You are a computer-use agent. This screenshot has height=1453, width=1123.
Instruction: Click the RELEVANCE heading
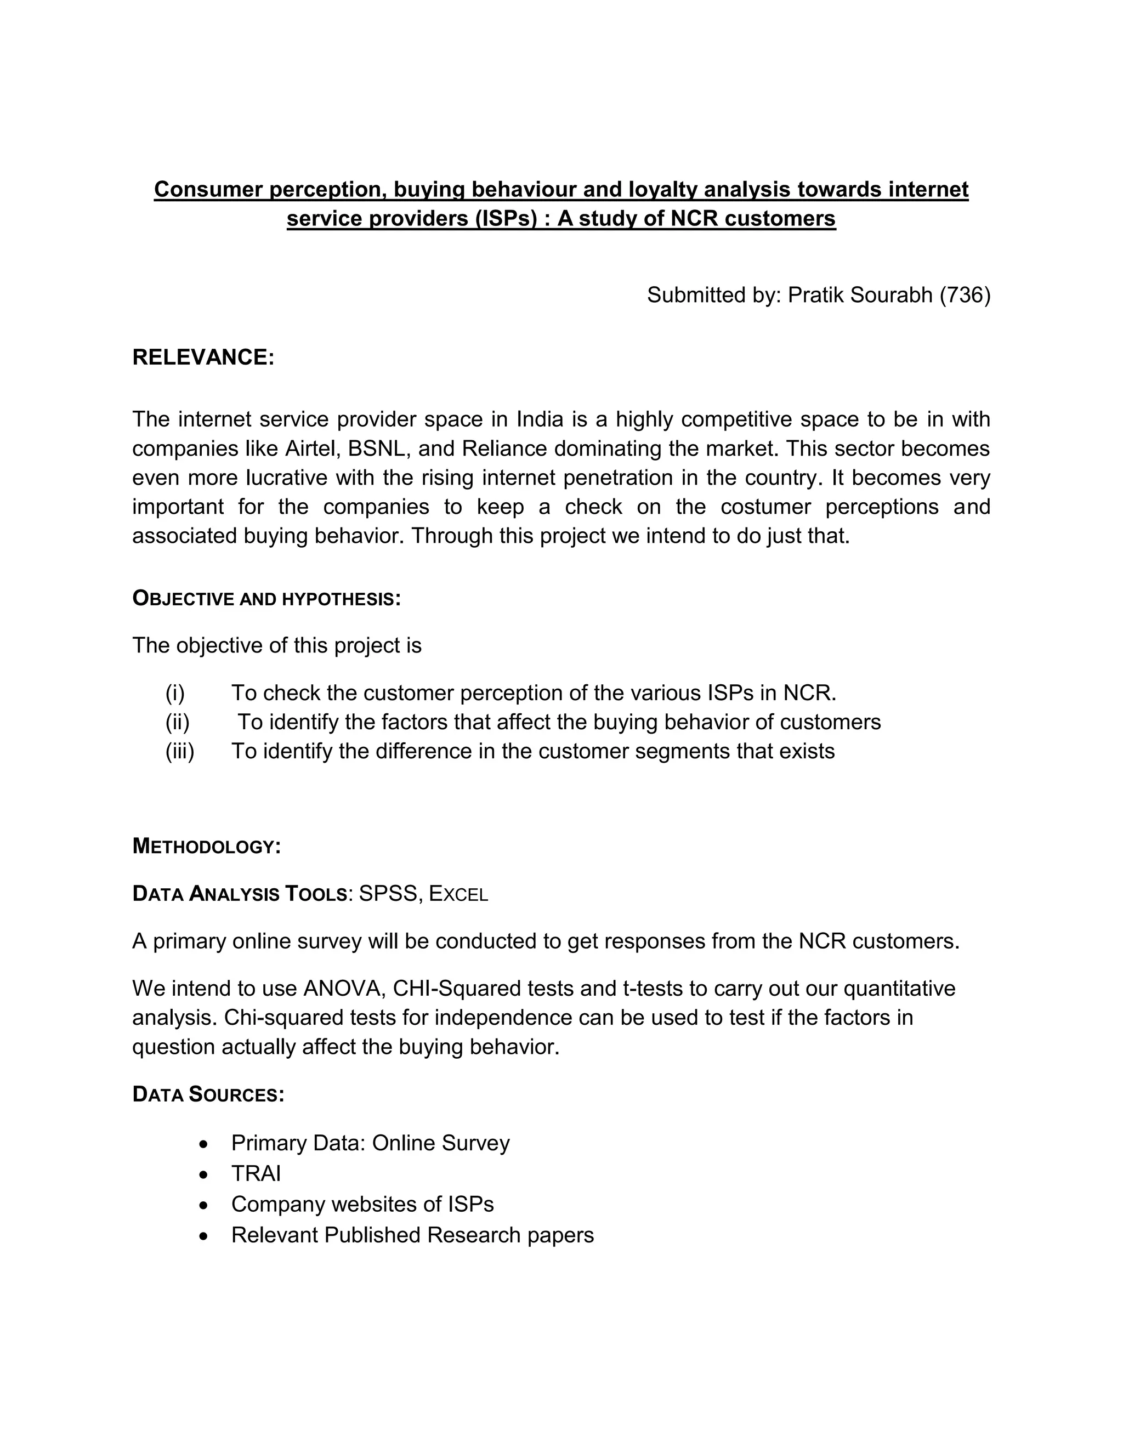203,357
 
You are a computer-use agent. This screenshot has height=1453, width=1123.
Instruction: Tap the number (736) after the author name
965,295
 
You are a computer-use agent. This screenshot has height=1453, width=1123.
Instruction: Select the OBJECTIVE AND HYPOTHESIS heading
266,598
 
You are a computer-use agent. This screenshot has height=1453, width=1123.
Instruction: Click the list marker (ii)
177,722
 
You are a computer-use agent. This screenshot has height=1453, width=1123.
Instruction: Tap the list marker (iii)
180,751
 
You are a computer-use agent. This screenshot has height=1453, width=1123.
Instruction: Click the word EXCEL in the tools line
458,894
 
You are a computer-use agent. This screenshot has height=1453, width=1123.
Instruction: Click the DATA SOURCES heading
208,1094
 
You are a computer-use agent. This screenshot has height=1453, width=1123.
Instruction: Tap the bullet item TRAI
256,1173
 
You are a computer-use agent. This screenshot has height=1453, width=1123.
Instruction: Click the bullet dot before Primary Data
204,1144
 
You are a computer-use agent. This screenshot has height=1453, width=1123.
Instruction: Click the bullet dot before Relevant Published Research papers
204,1236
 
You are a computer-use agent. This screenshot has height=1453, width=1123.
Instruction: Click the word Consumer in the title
208,190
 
